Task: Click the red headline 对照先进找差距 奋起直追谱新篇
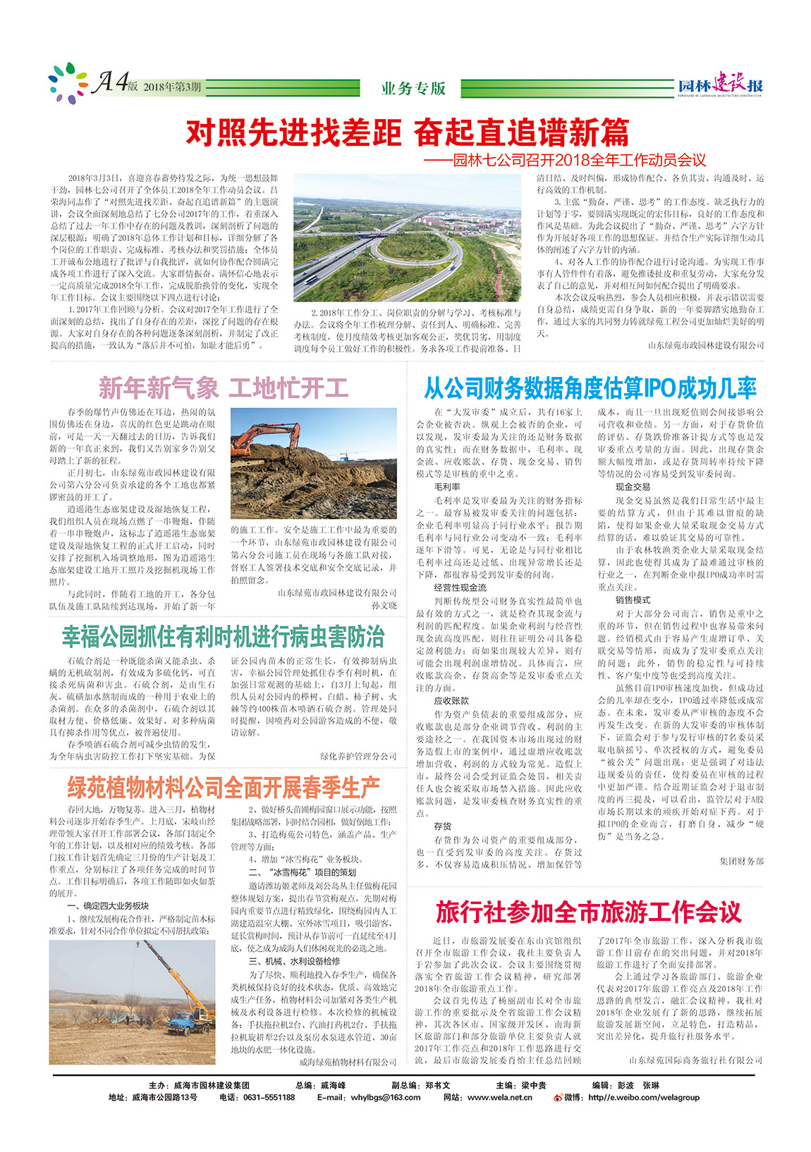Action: point(407,132)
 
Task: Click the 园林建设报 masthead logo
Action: point(720,85)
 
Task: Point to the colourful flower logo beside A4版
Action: point(68,82)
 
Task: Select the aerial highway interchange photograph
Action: point(407,238)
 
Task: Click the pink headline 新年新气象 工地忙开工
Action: point(224,388)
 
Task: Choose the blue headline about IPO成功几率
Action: point(590,388)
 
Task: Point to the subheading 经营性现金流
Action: point(460,587)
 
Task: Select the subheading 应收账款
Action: point(451,700)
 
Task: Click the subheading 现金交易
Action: point(633,487)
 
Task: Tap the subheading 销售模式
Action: point(633,600)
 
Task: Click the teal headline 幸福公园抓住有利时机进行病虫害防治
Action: point(224,636)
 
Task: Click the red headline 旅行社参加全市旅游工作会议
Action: point(588,912)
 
